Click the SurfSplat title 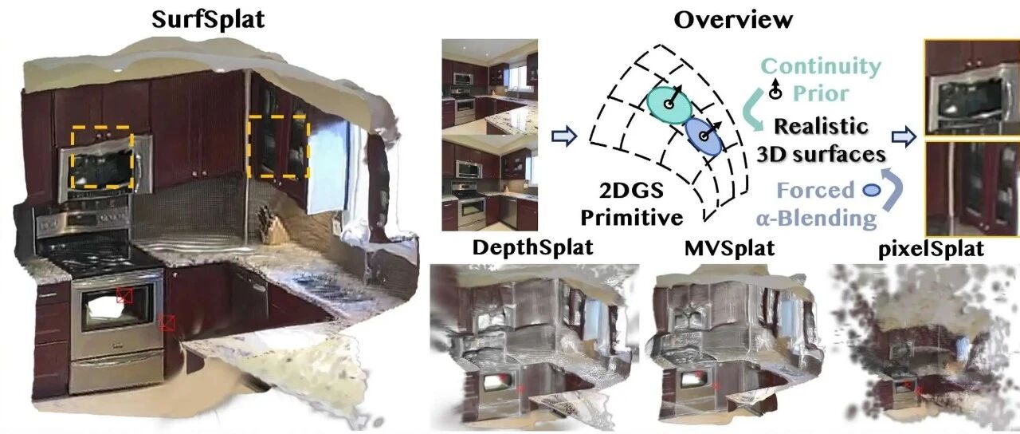coord(208,20)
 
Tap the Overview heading coord(733,20)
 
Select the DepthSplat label coord(533,247)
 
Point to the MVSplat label coord(729,247)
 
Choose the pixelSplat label coord(931,249)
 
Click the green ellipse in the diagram coord(669,105)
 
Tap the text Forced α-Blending coord(816,203)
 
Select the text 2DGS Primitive coord(632,203)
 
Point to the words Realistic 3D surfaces coord(821,140)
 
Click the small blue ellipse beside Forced coord(872,190)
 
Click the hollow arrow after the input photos coord(564,136)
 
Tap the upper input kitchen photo coord(489,86)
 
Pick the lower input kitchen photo coord(489,183)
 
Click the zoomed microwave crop coord(971,87)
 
